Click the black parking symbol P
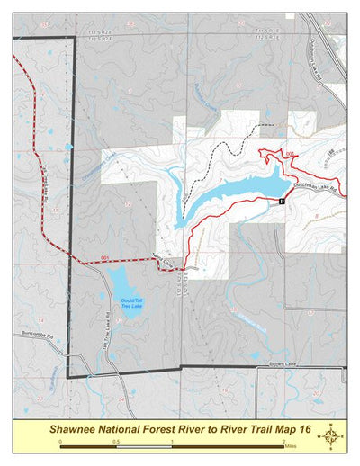(282, 202)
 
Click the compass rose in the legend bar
(332, 436)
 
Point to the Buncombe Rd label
(31, 335)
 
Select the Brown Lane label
(283, 364)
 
